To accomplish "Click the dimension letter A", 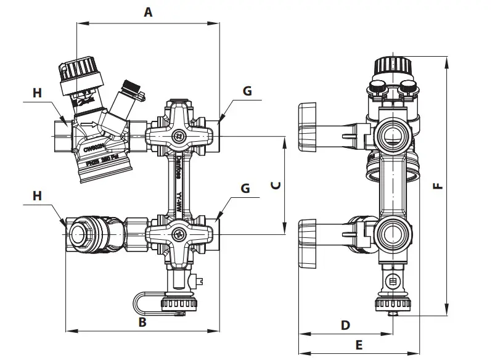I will (147, 12).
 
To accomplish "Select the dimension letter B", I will (142, 322).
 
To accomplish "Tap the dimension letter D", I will (345, 324).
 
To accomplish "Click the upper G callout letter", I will (247, 91).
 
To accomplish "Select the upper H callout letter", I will (37, 92).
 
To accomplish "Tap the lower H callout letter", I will (37, 195).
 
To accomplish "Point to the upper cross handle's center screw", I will (178, 136).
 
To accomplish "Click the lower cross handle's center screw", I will (178, 234).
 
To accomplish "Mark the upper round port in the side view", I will (392, 133).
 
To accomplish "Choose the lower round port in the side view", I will (392, 234).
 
